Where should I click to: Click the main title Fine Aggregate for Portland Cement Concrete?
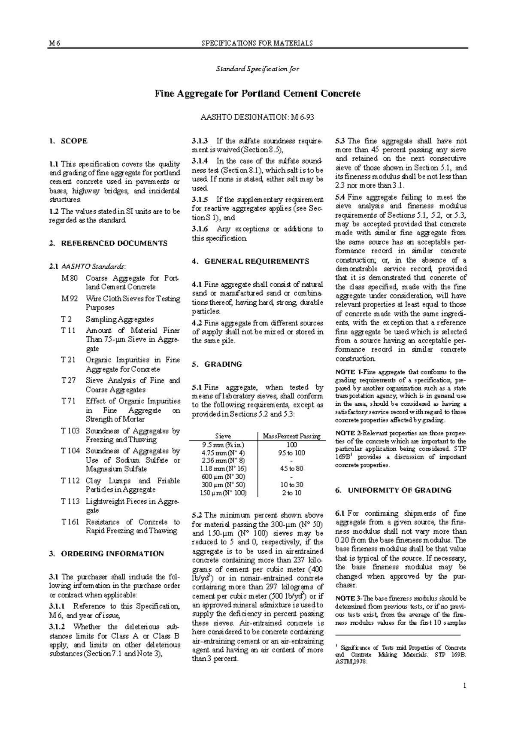click(x=257, y=94)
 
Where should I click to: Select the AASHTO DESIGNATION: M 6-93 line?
click(x=257, y=117)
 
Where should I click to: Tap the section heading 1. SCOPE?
click(x=68, y=141)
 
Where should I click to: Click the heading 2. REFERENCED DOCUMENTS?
click(x=108, y=243)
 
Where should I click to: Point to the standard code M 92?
click(x=70, y=298)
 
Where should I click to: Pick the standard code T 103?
click(x=70, y=431)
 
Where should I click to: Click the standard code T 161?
click(x=70, y=522)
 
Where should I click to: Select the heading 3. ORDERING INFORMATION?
click(x=106, y=554)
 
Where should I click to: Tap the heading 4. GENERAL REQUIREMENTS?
click(x=250, y=261)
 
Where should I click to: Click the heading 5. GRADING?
click(x=217, y=364)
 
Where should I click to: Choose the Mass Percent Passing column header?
click(x=291, y=436)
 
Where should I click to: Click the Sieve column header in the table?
click(x=223, y=436)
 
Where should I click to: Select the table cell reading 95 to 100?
click(x=291, y=453)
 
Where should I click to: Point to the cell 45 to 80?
click(x=291, y=468)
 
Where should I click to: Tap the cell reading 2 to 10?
click(x=291, y=493)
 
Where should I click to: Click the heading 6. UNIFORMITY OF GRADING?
click(x=393, y=490)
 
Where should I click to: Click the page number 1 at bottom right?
click(x=464, y=686)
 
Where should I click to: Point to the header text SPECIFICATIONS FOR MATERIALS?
click(x=257, y=43)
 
